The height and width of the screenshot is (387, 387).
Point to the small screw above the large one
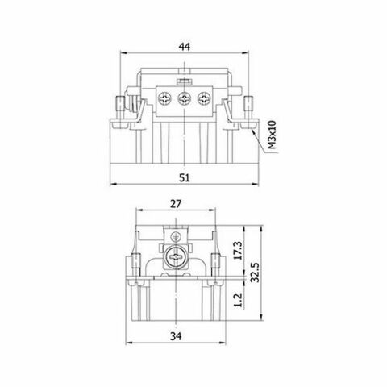(173, 236)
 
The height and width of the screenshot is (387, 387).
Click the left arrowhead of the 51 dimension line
(112, 184)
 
